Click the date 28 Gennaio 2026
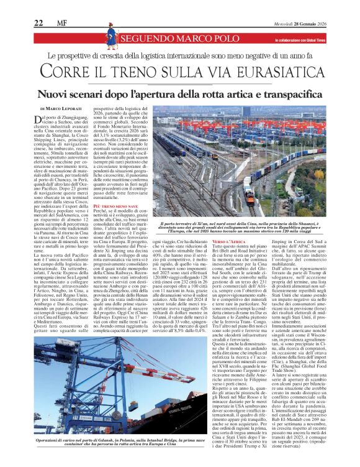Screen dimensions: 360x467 click(x=332, y=23)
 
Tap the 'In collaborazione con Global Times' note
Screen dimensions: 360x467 click(x=308, y=40)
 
